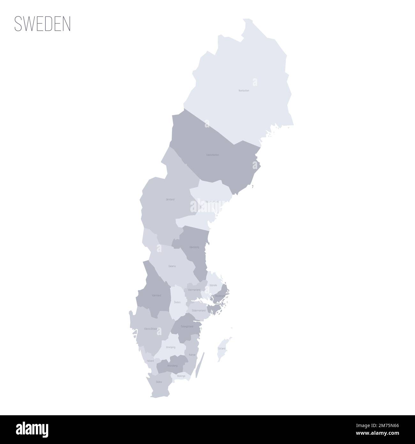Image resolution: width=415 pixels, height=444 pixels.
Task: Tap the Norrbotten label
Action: point(244,91)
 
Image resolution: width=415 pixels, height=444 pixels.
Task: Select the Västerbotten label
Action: point(212,155)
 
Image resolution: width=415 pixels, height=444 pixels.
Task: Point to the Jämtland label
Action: point(170,199)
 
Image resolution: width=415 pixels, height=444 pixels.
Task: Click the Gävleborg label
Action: point(194,247)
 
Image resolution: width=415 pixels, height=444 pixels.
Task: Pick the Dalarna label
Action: point(172,266)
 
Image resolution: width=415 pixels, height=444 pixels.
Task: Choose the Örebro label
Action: point(177,302)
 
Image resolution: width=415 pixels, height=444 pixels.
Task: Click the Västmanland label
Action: point(194,290)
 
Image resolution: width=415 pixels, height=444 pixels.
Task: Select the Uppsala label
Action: point(213,285)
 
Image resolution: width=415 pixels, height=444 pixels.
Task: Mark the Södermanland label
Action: point(199,310)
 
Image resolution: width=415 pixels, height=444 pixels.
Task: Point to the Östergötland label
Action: point(187,326)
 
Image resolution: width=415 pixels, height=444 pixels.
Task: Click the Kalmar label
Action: point(192,355)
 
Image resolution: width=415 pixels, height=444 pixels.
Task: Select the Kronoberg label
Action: point(172,365)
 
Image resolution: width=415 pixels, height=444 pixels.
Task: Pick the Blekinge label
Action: point(181,376)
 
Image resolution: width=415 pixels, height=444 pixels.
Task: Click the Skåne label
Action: point(159,382)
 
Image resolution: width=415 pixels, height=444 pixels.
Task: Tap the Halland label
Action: point(150,361)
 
